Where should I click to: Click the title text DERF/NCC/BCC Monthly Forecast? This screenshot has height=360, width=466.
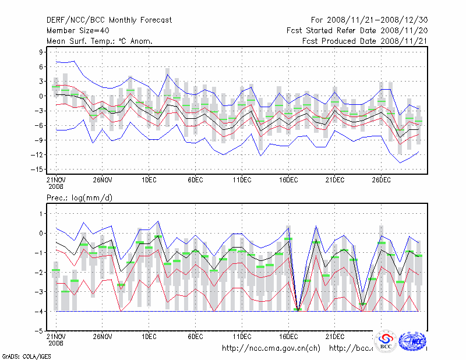click(109, 20)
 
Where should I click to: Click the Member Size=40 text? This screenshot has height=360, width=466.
click(77, 30)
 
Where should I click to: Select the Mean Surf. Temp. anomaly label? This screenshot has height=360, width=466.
click(100, 41)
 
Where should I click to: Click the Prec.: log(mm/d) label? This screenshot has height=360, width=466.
click(80, 198)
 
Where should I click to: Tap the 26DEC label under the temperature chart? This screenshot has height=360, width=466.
click(381, 178)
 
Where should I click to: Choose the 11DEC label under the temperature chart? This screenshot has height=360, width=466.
click(242, 178)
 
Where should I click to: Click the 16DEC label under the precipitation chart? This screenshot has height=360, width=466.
click(288, 336)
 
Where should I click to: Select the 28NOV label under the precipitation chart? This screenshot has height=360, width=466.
click(102, 336)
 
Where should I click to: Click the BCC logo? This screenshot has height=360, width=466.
click(386, 342)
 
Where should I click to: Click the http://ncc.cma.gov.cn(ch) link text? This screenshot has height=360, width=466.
click(271, 348)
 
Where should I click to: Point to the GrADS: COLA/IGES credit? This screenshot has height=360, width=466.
click(18, 355)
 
